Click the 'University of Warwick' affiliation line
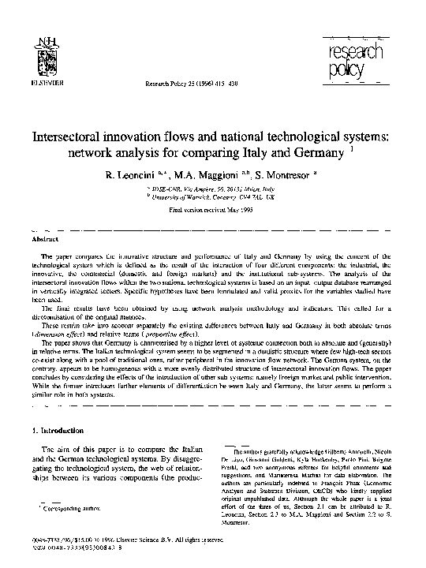(x=211, y=198)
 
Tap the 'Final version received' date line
(x=212, y=211)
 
